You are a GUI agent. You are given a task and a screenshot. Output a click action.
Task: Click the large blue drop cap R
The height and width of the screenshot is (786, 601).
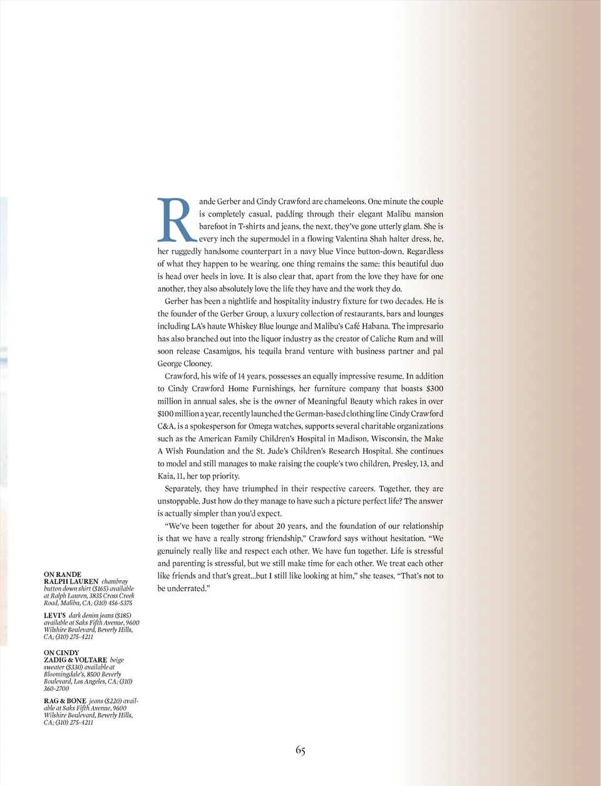[175, 220]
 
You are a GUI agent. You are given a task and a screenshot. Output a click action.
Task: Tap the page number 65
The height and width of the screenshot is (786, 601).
[300, 750]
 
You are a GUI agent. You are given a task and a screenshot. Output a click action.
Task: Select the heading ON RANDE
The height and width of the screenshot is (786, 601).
[63, 574]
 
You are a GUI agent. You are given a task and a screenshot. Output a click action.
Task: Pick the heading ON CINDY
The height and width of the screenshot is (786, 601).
[61, 653]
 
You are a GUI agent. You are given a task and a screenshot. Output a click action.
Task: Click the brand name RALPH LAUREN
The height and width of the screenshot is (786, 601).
[71, 581]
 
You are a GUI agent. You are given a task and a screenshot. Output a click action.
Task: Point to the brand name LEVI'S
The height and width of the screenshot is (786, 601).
[54, 616]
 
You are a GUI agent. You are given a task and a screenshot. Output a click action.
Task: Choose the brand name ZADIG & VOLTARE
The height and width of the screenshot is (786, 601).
[75, 660]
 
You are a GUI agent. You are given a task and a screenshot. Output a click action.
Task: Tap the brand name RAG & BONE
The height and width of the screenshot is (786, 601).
[65, 702]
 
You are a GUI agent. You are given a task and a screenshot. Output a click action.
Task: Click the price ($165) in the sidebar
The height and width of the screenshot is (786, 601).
[101, 589]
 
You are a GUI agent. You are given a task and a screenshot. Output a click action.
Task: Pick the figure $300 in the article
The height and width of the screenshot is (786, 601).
[434, 389]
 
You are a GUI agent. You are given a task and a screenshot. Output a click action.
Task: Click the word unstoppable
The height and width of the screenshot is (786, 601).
[178, 501]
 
